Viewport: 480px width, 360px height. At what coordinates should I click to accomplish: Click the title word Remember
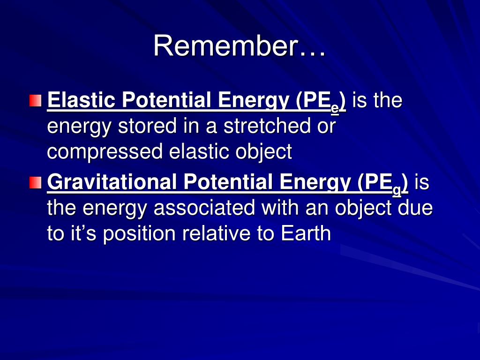[x=226, y=45]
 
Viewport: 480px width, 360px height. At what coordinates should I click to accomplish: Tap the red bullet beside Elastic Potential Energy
[x=36, y=101]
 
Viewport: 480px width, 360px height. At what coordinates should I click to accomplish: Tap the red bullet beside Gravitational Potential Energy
[x=36, y=182]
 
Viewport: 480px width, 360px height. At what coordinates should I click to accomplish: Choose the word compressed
[x=105, y=152]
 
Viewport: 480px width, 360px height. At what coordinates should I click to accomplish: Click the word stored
[x=147, y=126]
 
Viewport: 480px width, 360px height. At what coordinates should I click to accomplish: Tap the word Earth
[x=306, y=233]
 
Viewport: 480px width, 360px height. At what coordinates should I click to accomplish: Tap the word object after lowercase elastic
[x=263, y=152]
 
